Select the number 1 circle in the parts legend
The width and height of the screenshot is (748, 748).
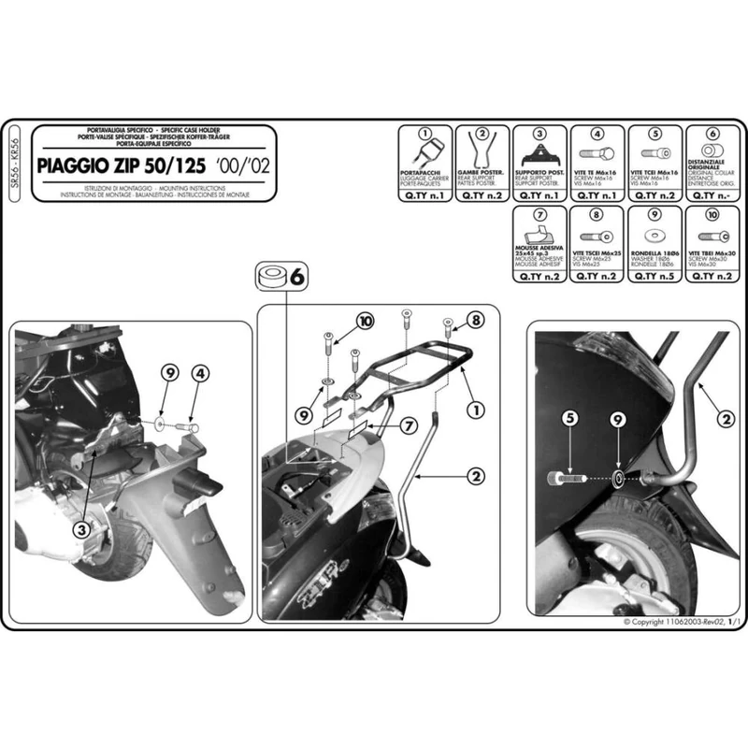tap(424, 135)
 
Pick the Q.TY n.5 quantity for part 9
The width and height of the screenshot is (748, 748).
tap(654, 277)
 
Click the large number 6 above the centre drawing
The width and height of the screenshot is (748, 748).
tap(296, 277)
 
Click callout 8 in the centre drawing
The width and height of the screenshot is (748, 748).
tap(477, 322)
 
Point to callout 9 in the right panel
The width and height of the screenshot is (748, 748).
tap(618, 420)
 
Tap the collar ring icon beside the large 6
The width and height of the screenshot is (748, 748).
tap(272, 278)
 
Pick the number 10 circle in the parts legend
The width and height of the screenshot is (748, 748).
tap(713, 214)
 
